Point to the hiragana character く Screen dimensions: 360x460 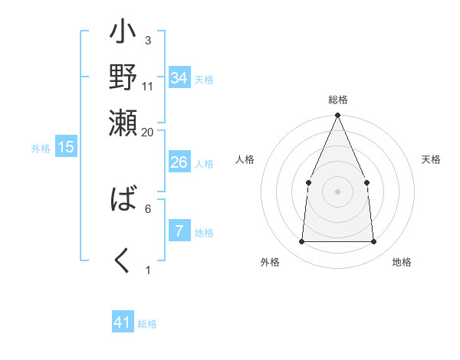[123, 261]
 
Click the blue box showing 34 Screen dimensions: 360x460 [179, 78]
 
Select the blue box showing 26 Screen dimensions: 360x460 [179, 162]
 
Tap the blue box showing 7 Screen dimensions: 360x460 [179, 231]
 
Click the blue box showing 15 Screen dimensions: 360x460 [65, 147]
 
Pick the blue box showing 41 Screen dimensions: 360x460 [123, 322]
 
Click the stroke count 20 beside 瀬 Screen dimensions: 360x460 [148, 132]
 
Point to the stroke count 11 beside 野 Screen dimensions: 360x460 [148, 86]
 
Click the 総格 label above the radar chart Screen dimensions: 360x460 [337, 100]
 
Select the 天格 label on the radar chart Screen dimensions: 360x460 [431, 159]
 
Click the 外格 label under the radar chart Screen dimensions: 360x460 [270, 262]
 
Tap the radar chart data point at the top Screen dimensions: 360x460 [337, 116]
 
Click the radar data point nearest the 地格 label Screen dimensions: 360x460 [373, 242]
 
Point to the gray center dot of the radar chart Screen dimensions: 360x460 [337, 191]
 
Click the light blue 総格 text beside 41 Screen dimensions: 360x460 [147, 324]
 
